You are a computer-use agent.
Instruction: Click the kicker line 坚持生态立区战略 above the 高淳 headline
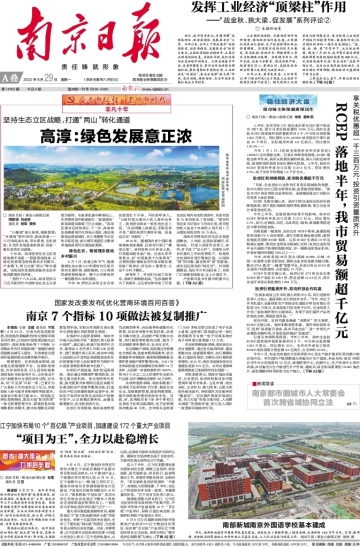pyautogui.click(x=118, y=116)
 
